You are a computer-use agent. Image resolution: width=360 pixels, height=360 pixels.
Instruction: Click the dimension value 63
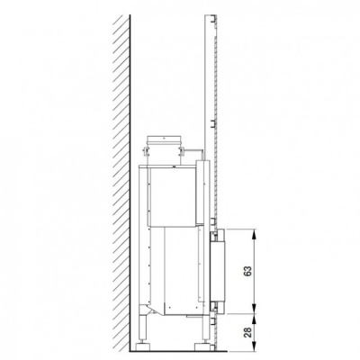(248, 271)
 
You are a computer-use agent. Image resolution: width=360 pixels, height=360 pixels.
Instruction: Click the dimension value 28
(248, 331)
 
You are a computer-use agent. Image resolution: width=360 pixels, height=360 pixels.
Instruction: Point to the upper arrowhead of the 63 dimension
(255, 234)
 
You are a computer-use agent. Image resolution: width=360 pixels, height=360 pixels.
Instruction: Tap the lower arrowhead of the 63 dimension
(255, 309)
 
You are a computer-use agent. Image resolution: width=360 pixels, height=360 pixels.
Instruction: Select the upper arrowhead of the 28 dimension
(255, 319)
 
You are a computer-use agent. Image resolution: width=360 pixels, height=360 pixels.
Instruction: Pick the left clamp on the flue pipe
(146, 151)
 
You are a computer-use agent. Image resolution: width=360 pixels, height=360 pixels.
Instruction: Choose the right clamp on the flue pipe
(182, 151)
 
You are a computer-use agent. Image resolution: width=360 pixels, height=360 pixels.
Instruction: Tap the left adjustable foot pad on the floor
(142, 346)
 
